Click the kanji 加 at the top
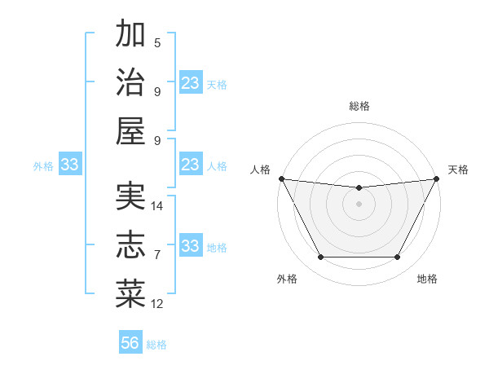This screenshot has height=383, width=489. click(130, 34)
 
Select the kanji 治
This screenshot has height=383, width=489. click(130, 82)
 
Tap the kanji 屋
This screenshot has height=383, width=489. click(130, 130)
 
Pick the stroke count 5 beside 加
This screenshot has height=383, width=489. click(157, 43)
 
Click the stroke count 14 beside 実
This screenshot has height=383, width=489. click(157, 206)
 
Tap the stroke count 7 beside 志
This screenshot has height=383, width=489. click(157, 255)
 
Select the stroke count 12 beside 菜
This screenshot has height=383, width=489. click(157, 304)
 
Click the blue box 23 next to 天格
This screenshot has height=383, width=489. click(191, 83)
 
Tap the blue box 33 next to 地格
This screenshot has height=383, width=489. click(191, 246)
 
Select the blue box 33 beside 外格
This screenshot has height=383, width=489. click(69, 165)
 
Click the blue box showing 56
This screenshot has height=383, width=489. click(130, 343)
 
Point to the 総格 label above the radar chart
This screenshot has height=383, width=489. click(359, 106)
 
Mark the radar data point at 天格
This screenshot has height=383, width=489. click(436, 178)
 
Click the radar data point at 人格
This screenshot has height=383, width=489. click(281, 178)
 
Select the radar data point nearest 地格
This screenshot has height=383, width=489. click(398, 258)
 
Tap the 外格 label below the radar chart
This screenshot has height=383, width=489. click(287, 279)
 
